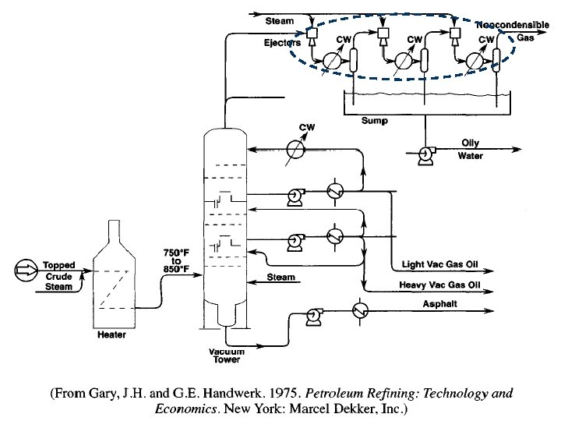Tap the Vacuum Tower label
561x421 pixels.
tap(226, 356)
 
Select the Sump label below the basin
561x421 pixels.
tap(374, 122)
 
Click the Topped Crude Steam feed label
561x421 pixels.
tap(59, 276)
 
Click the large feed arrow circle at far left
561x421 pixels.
tap(25, 271)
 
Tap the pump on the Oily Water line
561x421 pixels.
tap(426, 155)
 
